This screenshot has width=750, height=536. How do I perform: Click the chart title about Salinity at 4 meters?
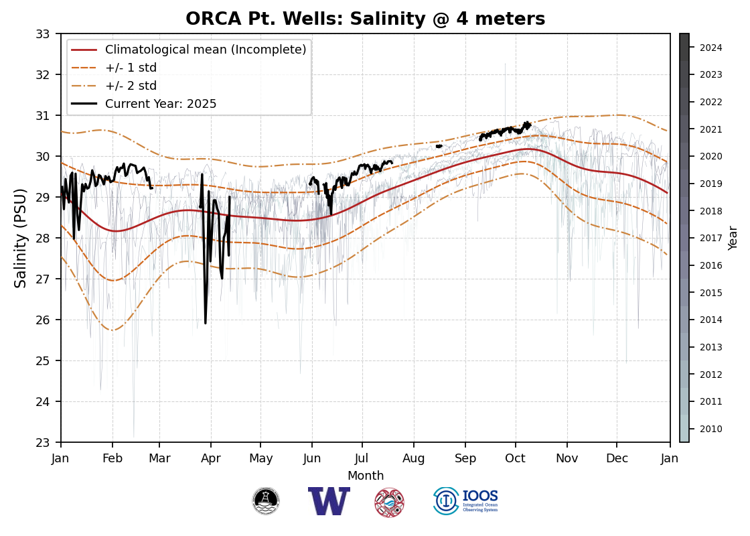(x=365, y=19)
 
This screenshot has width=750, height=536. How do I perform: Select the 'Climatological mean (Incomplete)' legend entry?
(x=206, y=50)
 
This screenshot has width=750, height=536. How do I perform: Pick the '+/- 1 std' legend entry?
(x=131, y=68)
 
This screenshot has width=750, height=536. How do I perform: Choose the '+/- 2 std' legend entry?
(x=131, y=86)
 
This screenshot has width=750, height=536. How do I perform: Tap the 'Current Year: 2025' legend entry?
(x=161, y=104)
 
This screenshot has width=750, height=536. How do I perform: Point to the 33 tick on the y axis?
(x=44, y=33)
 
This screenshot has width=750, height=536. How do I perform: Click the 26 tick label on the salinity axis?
(x=44, y=320)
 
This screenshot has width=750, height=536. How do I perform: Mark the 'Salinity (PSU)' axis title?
(x=21, y=238)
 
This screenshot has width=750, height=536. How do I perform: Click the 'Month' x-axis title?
(x=366, y=476)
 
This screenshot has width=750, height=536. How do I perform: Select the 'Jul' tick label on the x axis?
(x=362, y=458)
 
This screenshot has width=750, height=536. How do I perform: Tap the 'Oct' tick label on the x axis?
(x=516, y=458)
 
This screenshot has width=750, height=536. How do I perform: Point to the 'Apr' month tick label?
(x=211, y=458)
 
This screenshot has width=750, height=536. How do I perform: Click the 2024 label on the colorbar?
(x=710, y=48)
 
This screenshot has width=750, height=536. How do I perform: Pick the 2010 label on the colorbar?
(x=710, y=429)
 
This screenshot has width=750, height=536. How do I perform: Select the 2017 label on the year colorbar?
(x=710, y=238)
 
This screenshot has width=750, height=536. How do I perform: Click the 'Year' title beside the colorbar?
(x=733, y=238)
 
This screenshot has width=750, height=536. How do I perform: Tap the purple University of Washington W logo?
(x=329, y=501)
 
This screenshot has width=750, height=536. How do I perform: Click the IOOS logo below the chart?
(x=466, y=501)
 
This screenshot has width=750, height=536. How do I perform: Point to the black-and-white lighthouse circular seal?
(x=266, y=501)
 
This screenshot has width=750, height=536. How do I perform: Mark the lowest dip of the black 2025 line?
(x=206, y=323)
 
